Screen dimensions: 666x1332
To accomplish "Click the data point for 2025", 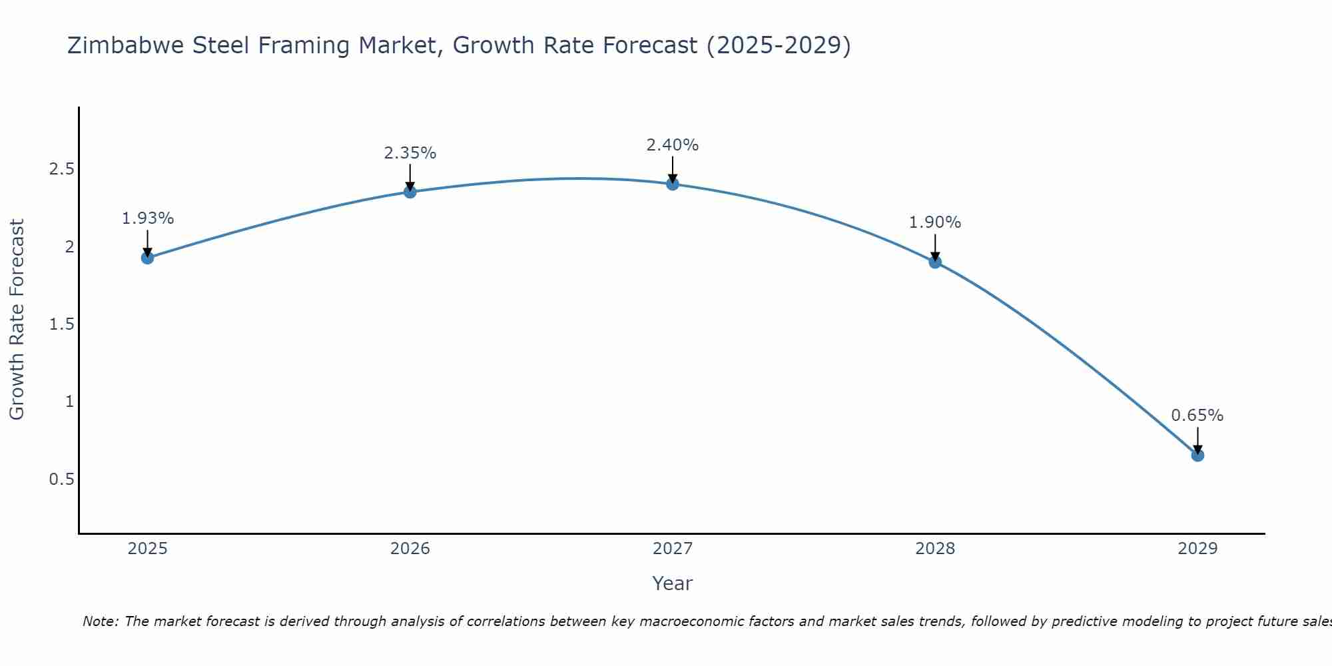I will pos(148,258).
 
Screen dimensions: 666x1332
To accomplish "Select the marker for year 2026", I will pos(410,192).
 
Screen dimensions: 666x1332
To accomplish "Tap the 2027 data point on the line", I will pos(673,184).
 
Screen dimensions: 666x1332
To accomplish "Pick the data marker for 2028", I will pos(935,262).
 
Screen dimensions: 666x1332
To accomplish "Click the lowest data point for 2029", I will pos(1197,456).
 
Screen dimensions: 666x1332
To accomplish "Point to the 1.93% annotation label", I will pos(148,218).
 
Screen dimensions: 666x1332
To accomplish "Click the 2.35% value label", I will pos(410,153).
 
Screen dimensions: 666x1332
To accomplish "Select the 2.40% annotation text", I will pos(673,145).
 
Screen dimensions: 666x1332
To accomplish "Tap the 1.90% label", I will pos(935,222).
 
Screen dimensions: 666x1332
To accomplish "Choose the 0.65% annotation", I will pos(1197,416).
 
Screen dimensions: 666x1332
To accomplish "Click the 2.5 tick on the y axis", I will pos(61,169).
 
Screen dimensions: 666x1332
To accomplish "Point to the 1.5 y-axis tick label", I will pos(61,324).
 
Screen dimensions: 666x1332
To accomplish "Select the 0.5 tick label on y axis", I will pos(61,480).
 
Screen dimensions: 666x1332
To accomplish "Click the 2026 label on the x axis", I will pos(410,549).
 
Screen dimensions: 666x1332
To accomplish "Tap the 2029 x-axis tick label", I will pos(1197,549).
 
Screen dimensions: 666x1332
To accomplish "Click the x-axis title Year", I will pos(673,583).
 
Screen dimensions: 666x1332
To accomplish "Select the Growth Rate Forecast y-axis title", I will pos(17,320).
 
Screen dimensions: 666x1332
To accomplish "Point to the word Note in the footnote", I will pos(100,621).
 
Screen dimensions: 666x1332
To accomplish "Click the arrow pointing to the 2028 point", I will pos(935,246).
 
